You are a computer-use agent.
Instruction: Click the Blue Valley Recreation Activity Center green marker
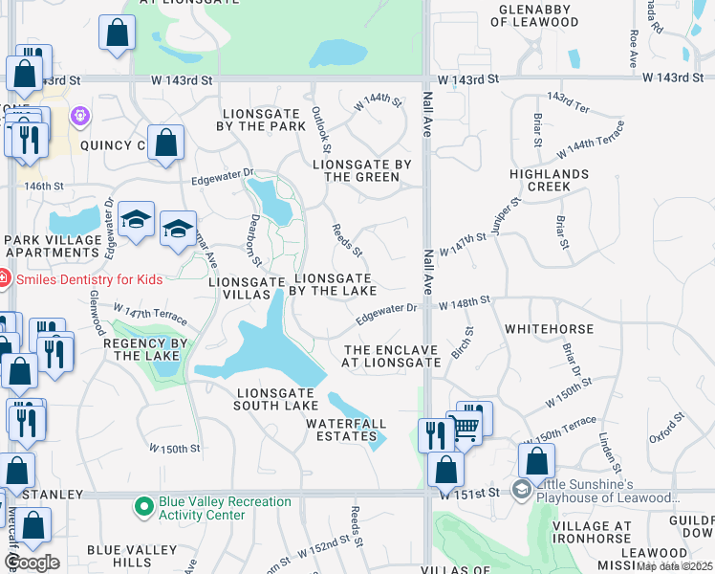pyautogui.click(x=144, y=504)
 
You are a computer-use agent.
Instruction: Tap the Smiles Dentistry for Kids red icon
pyautogui.click(x=3, y=279)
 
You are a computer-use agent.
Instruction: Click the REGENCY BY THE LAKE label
pyautogui.click(x=141, y=349)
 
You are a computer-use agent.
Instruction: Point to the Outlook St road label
pyautogui.click(x=321, y=130)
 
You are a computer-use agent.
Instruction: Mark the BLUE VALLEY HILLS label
pyautogui.click(x=132, y=556)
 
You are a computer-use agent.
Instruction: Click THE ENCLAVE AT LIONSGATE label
pyautogui.click(x=392, y=356)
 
